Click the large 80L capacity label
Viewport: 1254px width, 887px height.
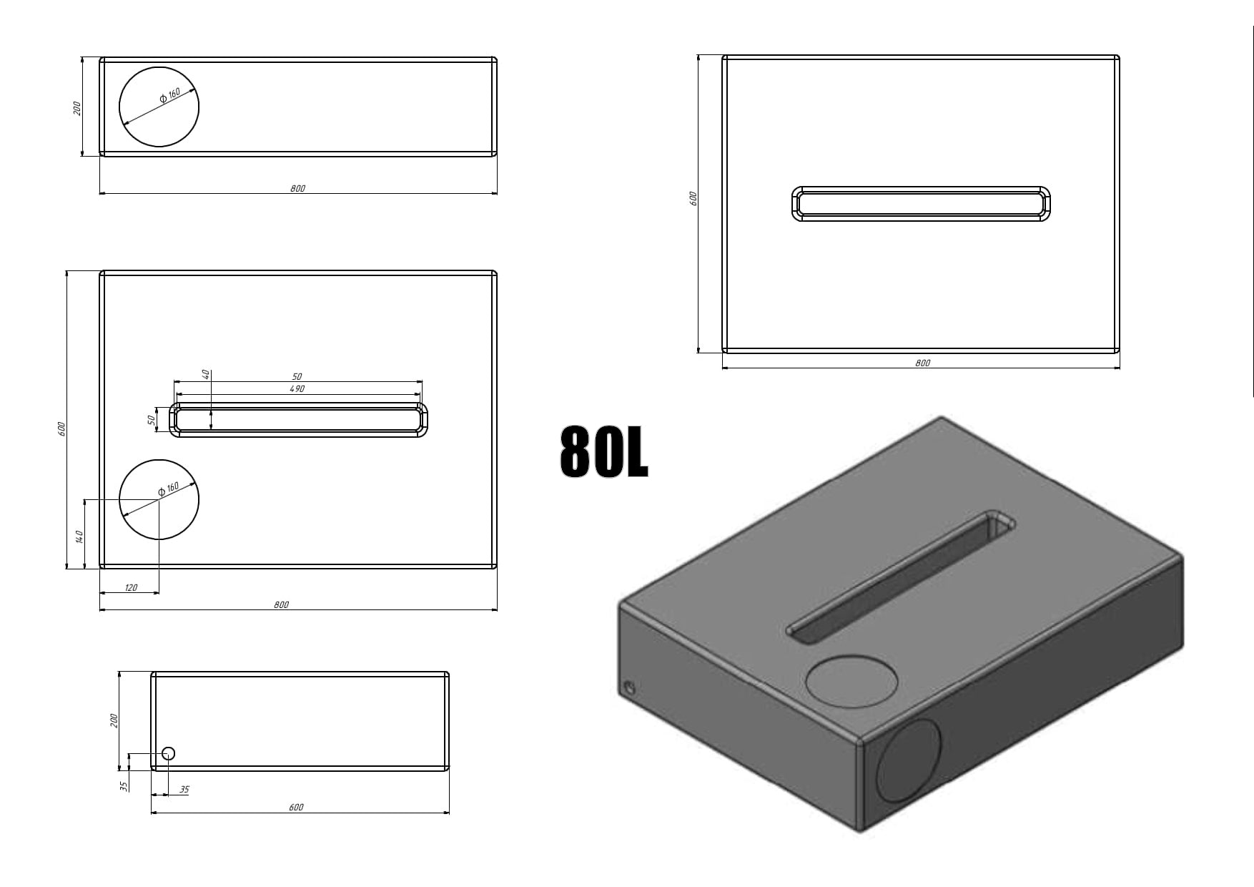point(604,451)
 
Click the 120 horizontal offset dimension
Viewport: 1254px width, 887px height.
point(131,588)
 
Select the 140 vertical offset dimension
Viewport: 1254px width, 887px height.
point(80,536)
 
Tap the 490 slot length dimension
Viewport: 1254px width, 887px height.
point(297,389)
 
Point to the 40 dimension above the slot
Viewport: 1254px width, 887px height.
point(206,374)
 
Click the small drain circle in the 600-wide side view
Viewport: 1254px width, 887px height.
point(169,753)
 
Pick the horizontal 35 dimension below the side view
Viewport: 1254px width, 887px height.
point(184,790)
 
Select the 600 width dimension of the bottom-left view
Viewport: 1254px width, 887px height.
point(296,808)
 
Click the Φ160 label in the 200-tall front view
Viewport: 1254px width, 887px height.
point(170,94)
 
